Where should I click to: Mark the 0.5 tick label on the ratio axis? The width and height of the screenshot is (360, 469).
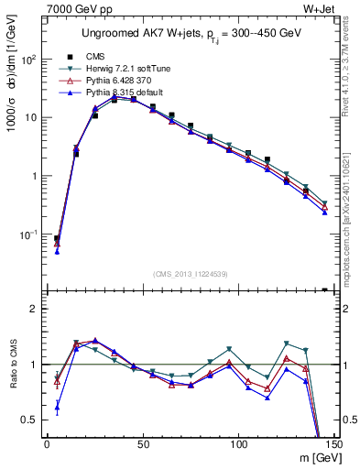(32, 420)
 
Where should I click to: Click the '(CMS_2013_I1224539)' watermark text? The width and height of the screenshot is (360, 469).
(191, 273)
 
